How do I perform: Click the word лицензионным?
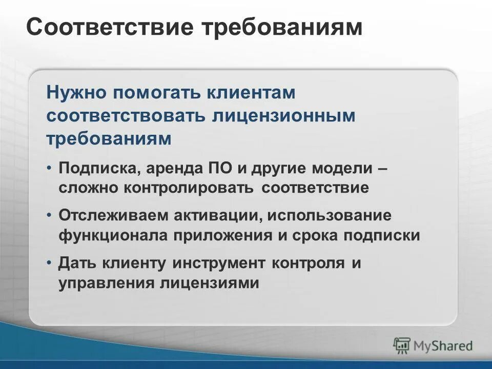pyautogui.click(x=282, y=116)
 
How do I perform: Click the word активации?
pyautogui.click(x=220, y=216)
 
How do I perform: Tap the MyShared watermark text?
pyautogui.click(x=443, y=345)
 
